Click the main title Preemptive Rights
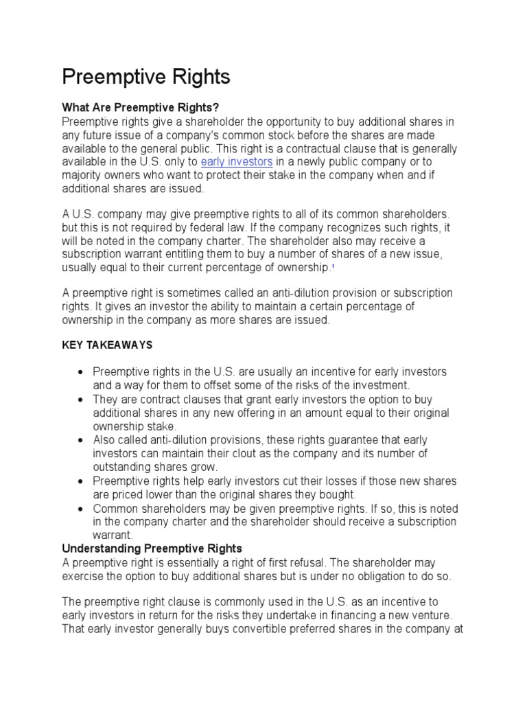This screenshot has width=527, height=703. pos(146,77)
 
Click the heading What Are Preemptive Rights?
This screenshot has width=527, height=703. pos(141,108)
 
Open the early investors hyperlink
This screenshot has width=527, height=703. pos(237,161)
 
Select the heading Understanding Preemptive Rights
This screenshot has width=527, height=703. pos(152,549)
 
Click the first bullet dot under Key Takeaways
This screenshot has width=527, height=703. pos(82,372)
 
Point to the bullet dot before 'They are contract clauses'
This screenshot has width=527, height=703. pos(82,399)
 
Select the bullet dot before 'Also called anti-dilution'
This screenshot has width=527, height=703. pos(82,440)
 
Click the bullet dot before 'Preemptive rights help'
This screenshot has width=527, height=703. pos(82,481)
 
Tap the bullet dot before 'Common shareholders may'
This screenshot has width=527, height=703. pos(82,509)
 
